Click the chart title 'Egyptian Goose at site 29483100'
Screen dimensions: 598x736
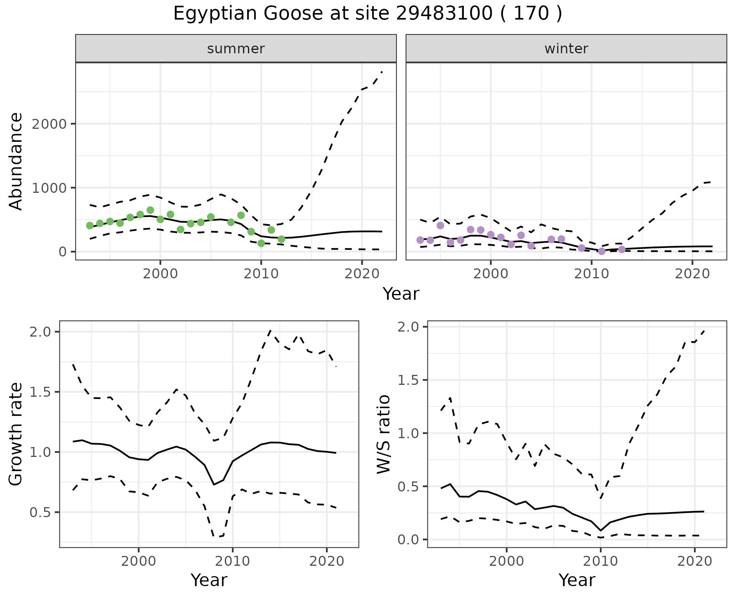click(367, 14)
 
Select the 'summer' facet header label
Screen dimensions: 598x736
click(236, 49)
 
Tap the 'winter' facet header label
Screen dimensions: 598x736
click(566, 49)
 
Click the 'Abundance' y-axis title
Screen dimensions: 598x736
click(16, 161)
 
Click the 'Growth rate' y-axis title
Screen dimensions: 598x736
click(16, 434)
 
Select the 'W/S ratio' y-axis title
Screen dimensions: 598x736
click(383, 434)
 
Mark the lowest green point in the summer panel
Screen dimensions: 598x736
click(261, 243)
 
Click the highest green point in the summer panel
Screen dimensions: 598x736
click(150, 210)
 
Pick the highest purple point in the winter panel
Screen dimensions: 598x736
click(440, 225)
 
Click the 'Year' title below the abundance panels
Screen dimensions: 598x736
click(401, 294)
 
